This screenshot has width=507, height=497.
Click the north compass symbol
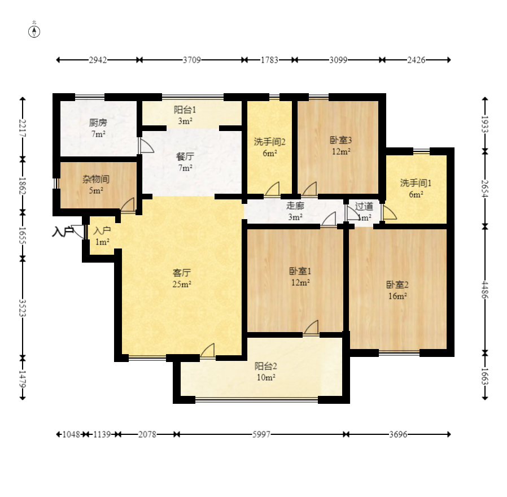[34, 32]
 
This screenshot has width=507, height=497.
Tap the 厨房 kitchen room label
[98, 123]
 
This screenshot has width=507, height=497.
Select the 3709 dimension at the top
[192, 60]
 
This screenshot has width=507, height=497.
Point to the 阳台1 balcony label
[185, 110]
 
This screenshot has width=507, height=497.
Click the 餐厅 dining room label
[185, 156]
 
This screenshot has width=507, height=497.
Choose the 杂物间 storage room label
[96, 179]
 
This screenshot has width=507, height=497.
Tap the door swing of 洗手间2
[272, 189]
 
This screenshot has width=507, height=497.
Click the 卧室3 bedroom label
[341, 140]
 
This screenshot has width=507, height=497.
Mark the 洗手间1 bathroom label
[416, 183]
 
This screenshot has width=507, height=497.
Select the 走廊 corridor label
[295, 206]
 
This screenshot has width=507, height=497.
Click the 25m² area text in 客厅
[181, 284]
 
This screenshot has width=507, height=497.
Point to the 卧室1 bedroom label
[300, 271]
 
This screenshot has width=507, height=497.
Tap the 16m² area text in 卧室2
[397, 296]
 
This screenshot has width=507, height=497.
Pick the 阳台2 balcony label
[266, 366]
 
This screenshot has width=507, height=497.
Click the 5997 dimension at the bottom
[261, 434]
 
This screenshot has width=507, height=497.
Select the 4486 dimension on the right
[484, 289]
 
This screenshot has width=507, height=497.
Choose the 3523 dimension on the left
[23, 308]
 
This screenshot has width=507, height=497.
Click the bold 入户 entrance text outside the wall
[63, 232]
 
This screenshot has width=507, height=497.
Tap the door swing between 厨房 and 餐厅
[146, 146]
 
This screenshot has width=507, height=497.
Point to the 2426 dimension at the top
[416, 60]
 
